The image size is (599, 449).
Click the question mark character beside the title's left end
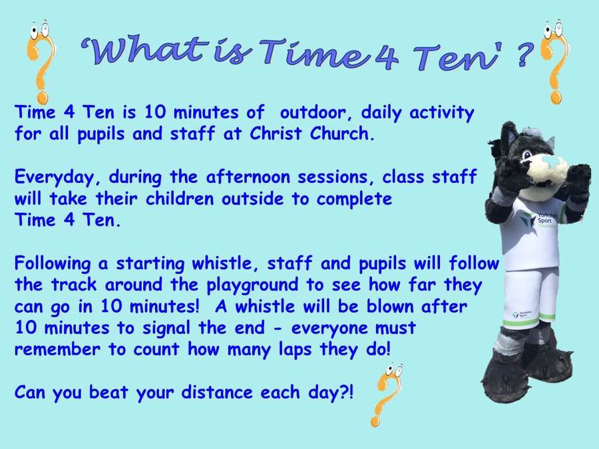pyautogui.click(x=41, y=61)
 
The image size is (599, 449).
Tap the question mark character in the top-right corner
pyautogui.click(x=554, y=61)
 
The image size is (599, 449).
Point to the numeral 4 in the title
pyautogui.click(x=387, y=57)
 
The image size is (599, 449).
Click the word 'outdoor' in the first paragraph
pyautogui.click(x=313, y=112)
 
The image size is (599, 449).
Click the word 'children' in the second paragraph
pyautogui.click(x=179, y=198)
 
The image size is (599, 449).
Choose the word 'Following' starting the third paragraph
pyautogui.click(x=53, y=264)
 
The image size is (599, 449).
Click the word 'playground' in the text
pyautogui.click(x=252, y=285)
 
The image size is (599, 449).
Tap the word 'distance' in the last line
pyautogui.click(x=217, y=392)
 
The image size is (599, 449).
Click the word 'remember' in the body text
pyautogui.click(x=57, y=349)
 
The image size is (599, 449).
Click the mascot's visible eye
pyautogui.click(x=527, y=154)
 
